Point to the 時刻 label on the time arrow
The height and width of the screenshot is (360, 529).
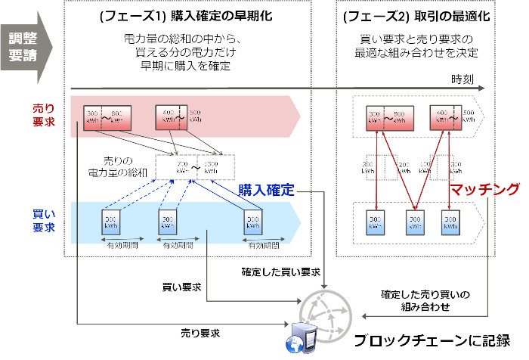point(462,79)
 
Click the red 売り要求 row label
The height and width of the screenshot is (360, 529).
point(43,115)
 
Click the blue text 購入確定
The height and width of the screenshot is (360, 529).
point(265,189)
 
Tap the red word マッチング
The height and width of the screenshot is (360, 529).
point(485,189)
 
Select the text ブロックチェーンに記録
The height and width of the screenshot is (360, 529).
point(437,340)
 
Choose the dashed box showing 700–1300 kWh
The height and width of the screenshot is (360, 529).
point(196,169)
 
